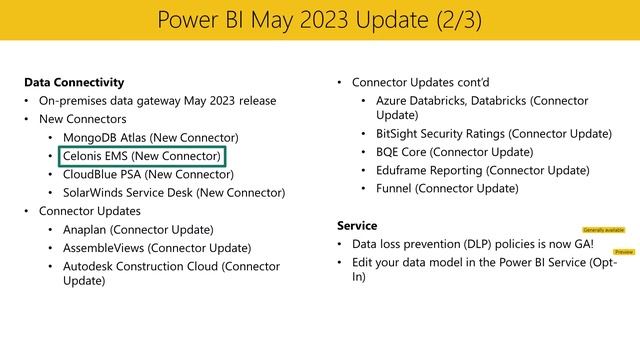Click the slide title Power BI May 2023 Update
[319, 20]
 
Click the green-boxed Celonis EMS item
[141, 156]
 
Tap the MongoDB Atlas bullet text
[150, 137]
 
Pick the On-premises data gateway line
[157, 101]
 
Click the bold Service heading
[357, 225]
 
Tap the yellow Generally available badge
[601, 230]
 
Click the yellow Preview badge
[624, 253]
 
